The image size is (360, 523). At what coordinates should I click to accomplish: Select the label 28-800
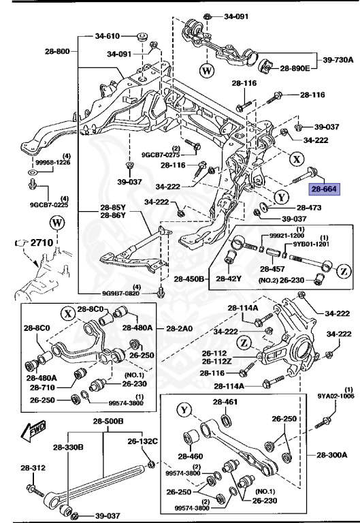coord(58,51)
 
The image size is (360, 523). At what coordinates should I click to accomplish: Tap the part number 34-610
coord(108,35)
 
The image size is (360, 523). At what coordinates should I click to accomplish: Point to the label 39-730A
coord(338,60)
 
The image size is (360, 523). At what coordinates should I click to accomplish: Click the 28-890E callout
coord(296,69)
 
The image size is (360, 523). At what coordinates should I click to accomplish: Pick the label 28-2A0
coord(179,328)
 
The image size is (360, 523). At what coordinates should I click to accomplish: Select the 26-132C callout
coord(144,441)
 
